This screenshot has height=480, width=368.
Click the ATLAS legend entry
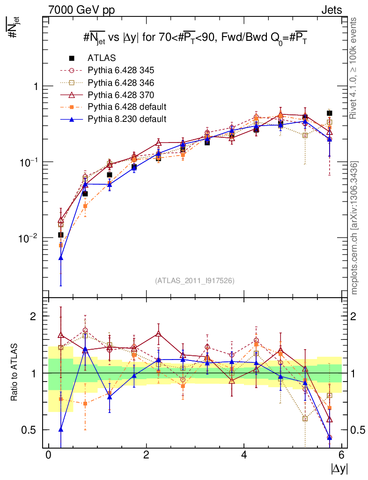(100, 58)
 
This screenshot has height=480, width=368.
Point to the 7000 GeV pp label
(81, 9)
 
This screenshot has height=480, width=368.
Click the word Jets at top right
(331, 9)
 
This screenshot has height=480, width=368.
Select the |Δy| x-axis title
(339, 468)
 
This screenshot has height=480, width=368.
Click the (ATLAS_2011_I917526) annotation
(195, 280)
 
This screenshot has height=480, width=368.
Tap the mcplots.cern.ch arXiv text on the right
(354, 228)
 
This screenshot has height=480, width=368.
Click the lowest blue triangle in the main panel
(61, 258)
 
